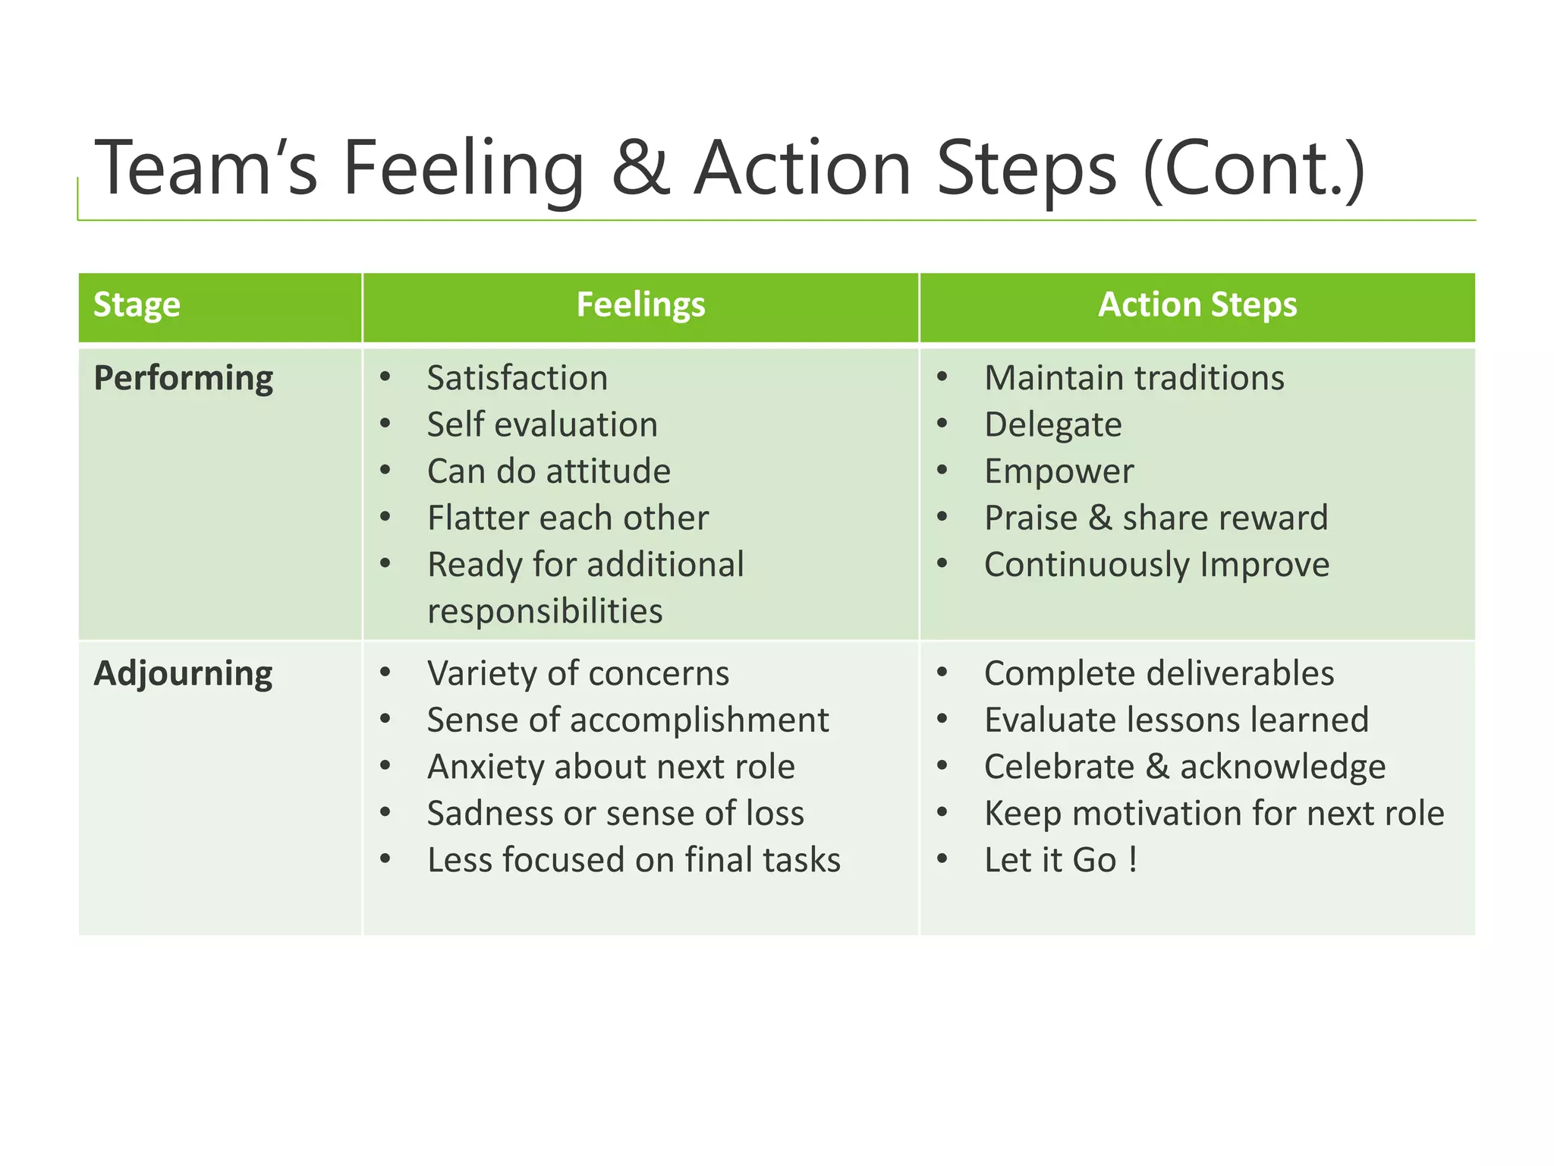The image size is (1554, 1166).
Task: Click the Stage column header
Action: pos(137,305)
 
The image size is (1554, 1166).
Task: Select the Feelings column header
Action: pos(640,305)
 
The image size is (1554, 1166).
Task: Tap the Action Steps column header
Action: pos(1197,305)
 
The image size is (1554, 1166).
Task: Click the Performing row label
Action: pos(183,378)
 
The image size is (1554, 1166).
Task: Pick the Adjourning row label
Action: pos(183,673)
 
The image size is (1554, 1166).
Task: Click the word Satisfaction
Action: pos(517,378)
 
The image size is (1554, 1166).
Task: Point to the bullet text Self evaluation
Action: pos(542,424)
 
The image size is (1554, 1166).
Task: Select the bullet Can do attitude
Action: pos(549,471)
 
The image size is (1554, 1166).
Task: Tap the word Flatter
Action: pos(477,518)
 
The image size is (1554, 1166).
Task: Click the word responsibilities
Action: pos(545,611)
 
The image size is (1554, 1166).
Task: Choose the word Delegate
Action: pos(1052,424)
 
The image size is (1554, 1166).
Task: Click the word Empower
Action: pos(1059,471)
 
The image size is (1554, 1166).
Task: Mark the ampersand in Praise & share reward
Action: pos(1100,518)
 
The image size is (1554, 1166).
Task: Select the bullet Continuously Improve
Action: pos(1156,565)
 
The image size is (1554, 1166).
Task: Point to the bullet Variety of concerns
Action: pos(578,673)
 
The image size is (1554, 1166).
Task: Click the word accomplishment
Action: pos(699,720)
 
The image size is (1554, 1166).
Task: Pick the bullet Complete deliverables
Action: pos(1159,673)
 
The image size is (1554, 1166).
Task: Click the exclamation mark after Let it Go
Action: pos(1132,860)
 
